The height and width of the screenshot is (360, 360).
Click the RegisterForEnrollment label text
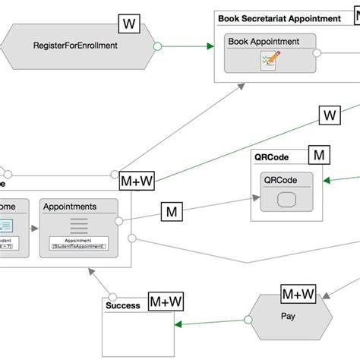pyautogui.click(x=75, y=46)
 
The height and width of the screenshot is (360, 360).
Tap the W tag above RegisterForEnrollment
pyautogui.click(x=130, y=24)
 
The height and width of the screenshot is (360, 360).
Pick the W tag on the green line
pyautogui.click(x=329, y=115)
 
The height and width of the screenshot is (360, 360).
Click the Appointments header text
pyautogui.click(x=70, y=206)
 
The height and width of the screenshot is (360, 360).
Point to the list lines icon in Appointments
pyautogui.click(x=79, y=226)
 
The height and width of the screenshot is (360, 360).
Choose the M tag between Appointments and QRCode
pyautogui.click(x=171, y=212)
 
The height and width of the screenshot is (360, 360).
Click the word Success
pyautogui.click(x=123, y=305)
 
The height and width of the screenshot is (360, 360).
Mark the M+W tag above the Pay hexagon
pyautogui.click(x=298, y=294)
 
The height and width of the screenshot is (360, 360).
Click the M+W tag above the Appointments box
pyautogui.click(x=137, y=182)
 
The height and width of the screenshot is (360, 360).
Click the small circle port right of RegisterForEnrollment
pyautogui.click(x=158, y=46)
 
